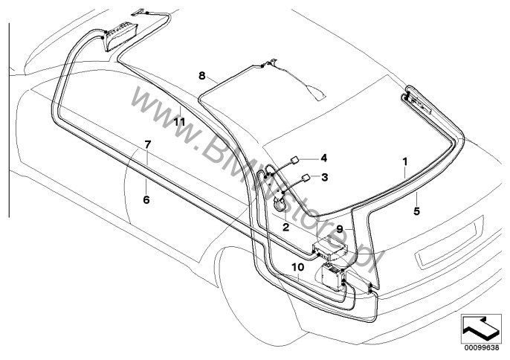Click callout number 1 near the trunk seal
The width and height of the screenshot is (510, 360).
405,161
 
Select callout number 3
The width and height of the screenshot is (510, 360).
324,177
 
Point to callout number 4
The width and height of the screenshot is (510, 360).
324,158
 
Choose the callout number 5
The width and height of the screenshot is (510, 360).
417,211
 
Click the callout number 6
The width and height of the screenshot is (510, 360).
146,199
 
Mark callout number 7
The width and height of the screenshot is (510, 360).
147,143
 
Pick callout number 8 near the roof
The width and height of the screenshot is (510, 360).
201,76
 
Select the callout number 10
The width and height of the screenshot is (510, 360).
297,266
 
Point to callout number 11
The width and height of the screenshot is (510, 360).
179,120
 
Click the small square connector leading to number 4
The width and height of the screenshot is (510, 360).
295,158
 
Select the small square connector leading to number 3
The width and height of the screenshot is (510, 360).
306,178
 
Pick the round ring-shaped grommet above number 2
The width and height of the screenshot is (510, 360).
280,202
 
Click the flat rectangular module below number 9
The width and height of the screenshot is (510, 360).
328,247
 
